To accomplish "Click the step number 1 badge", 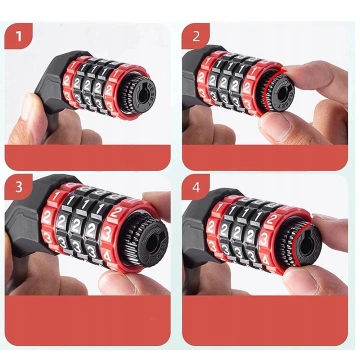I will (x=17, y=37).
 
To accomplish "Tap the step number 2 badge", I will (x=196, y=37).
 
